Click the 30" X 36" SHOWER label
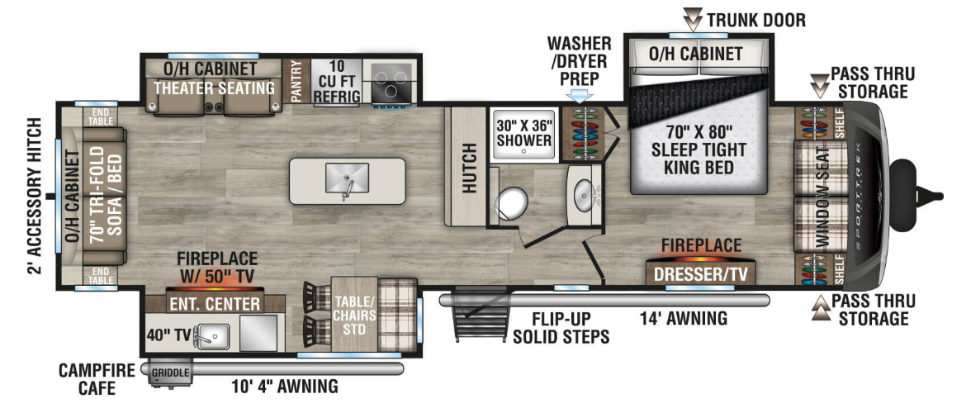(x=523, y=132)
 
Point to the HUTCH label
(x=469, y=167)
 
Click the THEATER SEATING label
(x=215, y=88)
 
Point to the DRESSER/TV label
(x=701, y=273)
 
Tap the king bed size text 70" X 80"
(x=695, y=132)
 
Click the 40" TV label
(x=168, y=335)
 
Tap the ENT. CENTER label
(x=215, y=304)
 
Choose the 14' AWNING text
(x=684, y=319)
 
